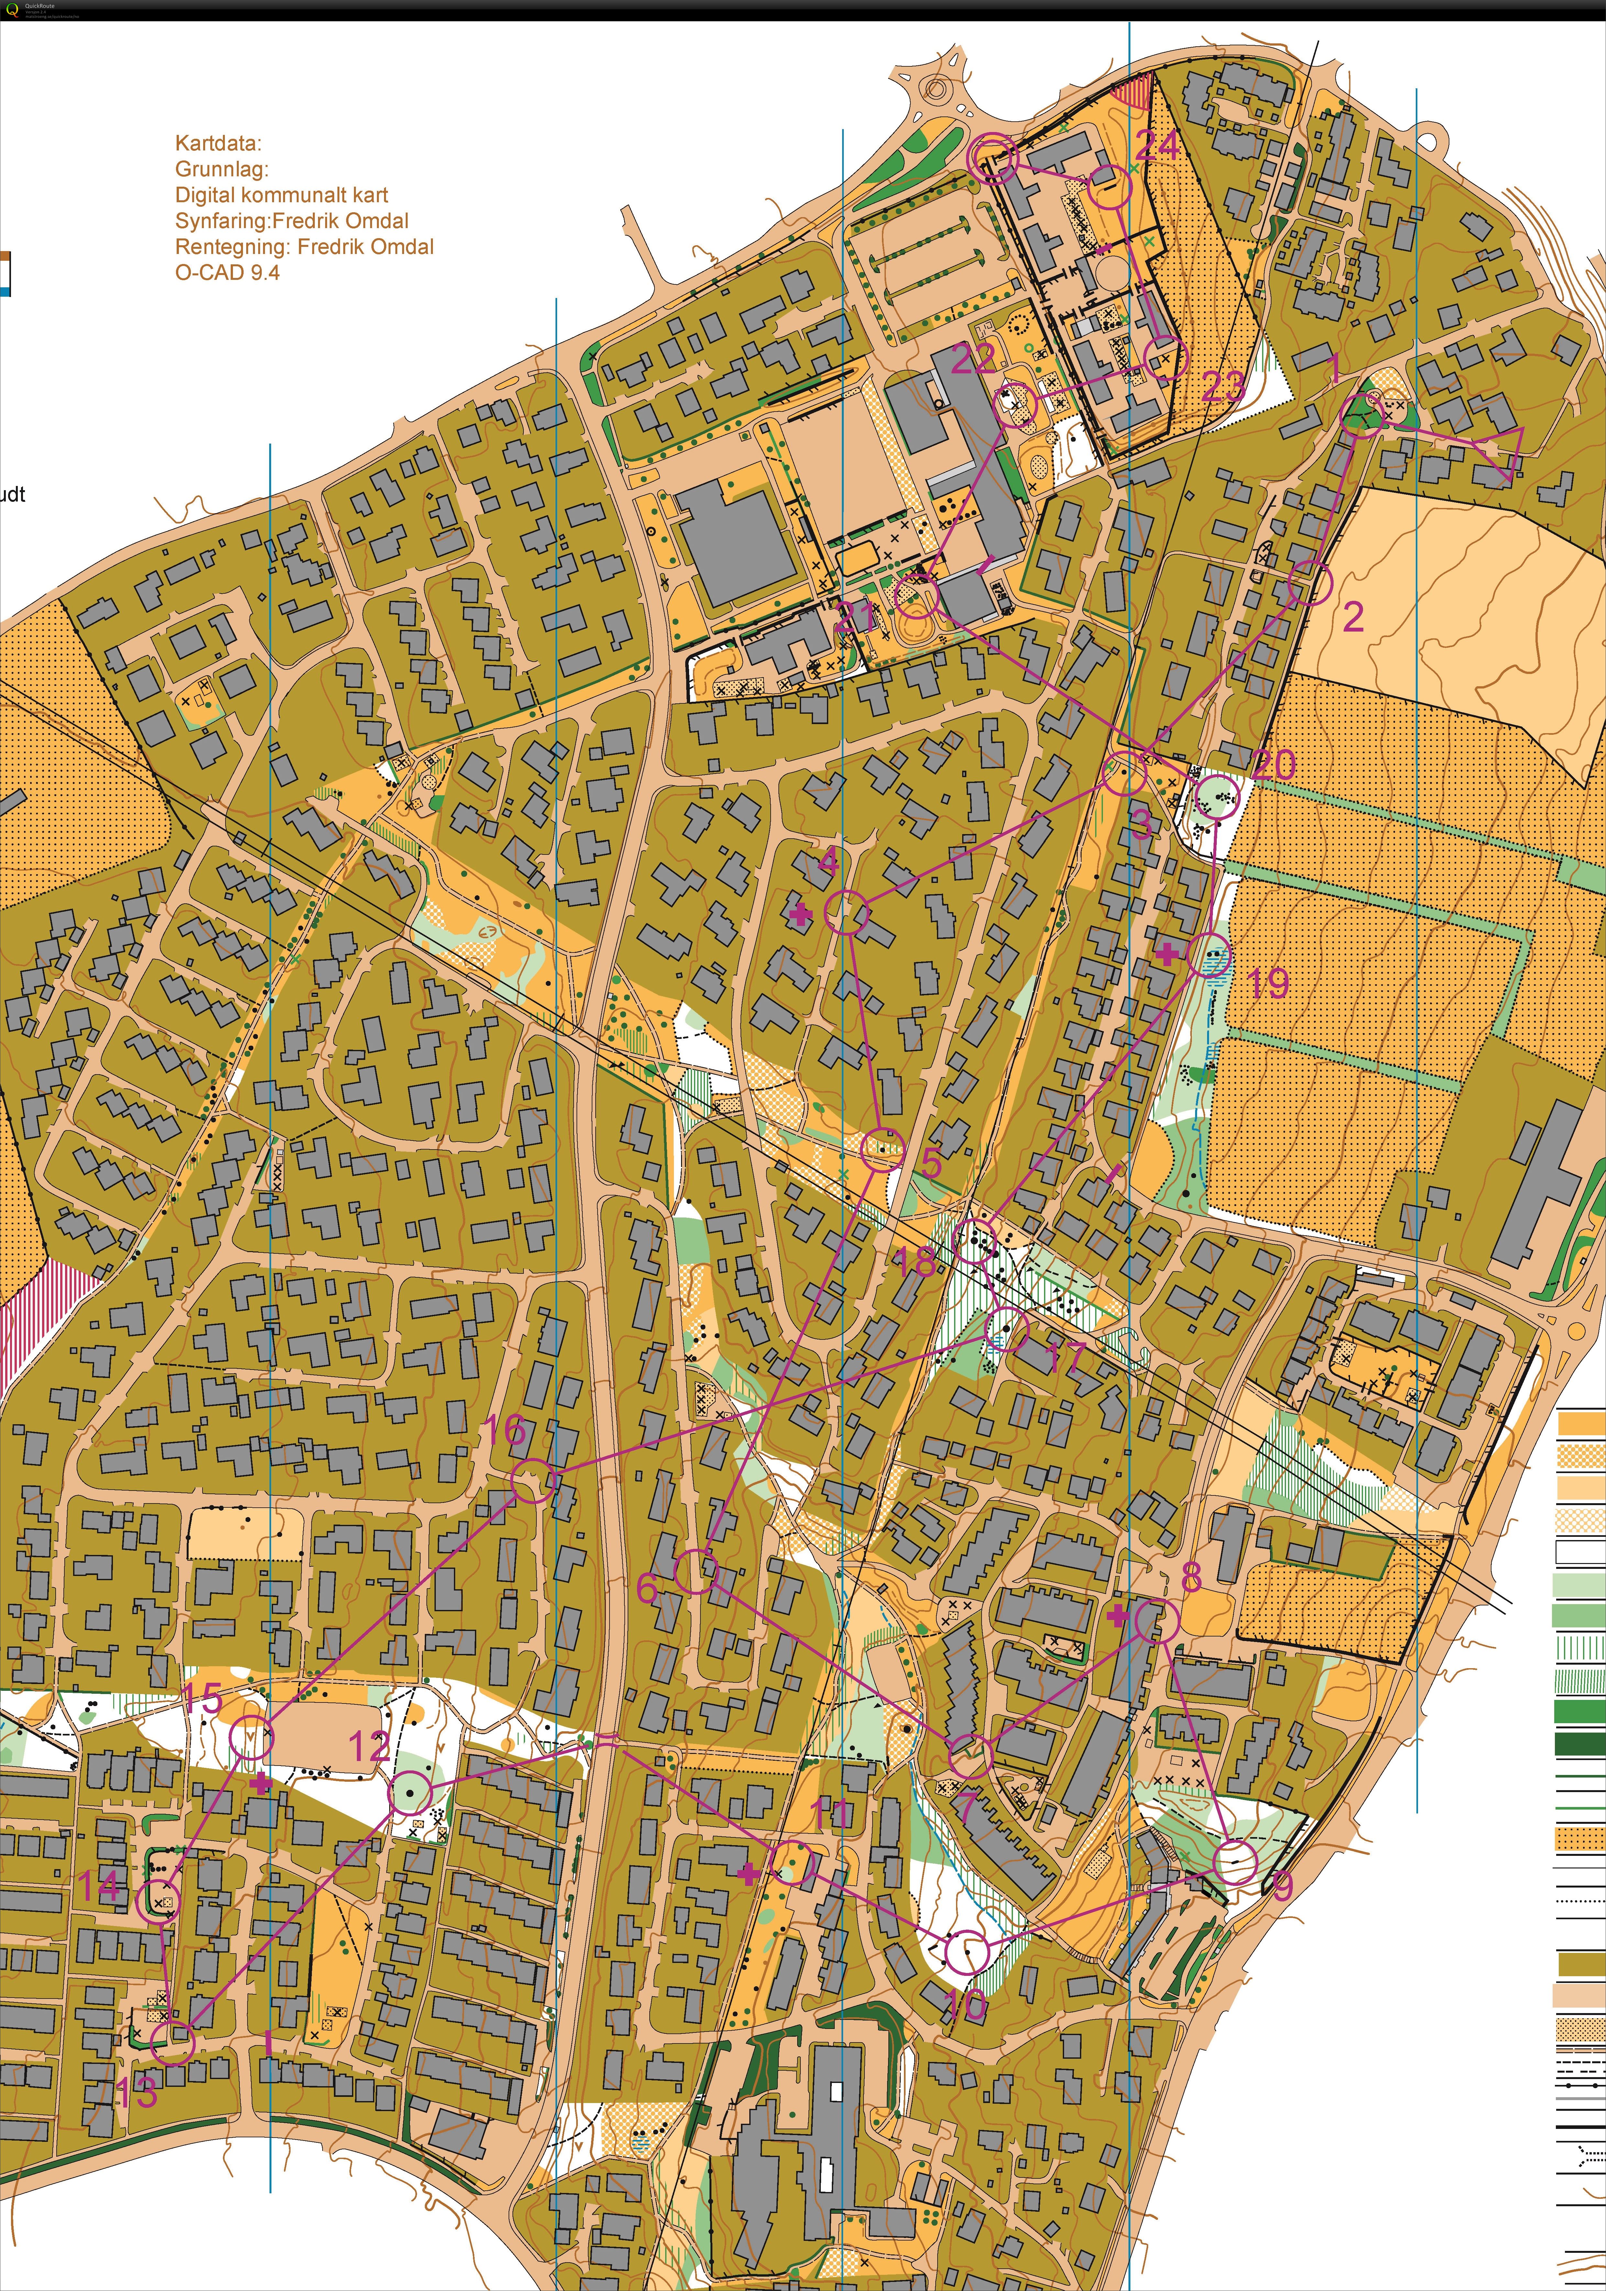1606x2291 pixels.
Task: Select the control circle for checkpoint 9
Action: pos(1236,1862)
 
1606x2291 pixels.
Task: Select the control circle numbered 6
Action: pos(695,1572)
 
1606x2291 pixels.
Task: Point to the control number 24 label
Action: pos(1157,146)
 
